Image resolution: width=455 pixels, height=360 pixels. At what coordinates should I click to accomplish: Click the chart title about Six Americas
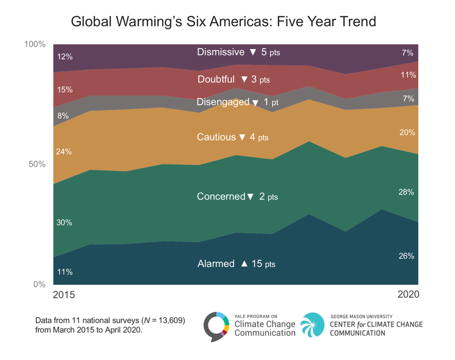click(223, 22)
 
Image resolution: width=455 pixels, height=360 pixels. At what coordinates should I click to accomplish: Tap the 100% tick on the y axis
click(35, 44)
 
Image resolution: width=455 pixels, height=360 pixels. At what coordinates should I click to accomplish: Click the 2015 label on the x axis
click(64, 295)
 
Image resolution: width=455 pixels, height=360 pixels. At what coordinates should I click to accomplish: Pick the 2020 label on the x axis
click(408, 295)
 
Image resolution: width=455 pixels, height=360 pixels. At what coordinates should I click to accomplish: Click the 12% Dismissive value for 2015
click(64, 57)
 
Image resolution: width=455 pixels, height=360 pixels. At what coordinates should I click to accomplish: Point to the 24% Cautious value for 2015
click(64, 151)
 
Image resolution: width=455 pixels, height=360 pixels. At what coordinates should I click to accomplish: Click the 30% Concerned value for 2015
click(64, 223)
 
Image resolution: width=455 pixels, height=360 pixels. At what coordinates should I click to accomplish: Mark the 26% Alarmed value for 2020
click(406, 256)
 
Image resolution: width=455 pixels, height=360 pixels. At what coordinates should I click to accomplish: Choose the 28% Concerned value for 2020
click(406, 192)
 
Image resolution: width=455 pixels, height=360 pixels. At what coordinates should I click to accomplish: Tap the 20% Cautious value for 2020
click(406, 133)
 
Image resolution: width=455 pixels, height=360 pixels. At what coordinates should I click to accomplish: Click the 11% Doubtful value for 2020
click(407, 75)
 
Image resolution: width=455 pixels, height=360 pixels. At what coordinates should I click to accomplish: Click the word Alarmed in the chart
click(216, 264)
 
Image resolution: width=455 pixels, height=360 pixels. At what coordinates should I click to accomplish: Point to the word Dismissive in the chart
click(221, 52)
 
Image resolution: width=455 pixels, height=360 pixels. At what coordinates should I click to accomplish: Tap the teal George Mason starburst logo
click(312, 324)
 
